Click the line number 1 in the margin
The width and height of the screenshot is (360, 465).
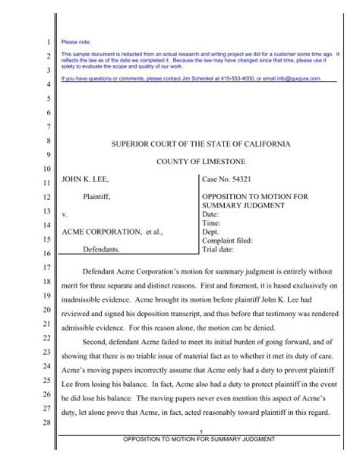(47, 42)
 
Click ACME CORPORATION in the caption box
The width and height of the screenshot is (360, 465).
(101, 229)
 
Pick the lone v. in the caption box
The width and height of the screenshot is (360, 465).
(65, 215)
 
